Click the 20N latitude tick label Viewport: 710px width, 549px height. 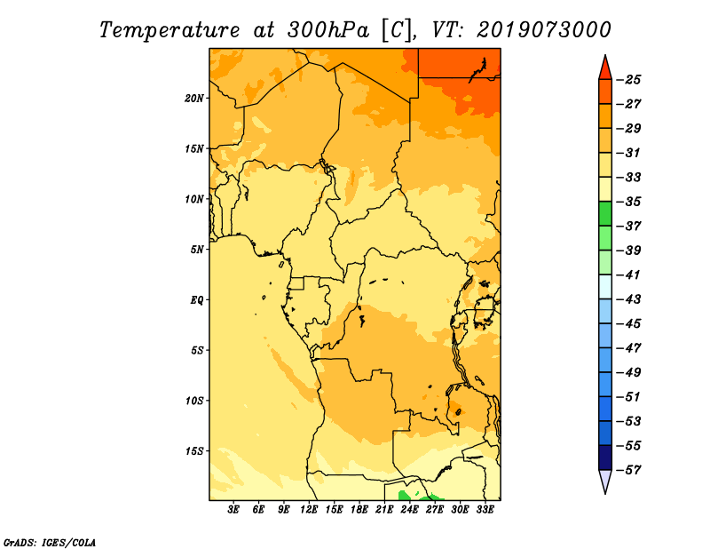pos(194,98)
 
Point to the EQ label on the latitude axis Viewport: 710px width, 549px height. pos(197,299)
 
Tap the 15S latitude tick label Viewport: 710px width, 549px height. pos(194,451)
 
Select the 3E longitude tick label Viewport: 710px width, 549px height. pos(233,509)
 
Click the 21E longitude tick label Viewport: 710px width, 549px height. pos(384,509)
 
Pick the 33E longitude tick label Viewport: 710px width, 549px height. pos(485,509)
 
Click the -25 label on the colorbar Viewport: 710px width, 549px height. pos(628,80)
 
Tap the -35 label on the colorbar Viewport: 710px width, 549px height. pos(628,202)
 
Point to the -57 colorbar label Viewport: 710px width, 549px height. pos(628,470)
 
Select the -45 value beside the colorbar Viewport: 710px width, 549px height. pos(628,323)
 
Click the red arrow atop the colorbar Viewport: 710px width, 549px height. pos(605,68)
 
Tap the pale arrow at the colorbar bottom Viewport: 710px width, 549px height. pos(605,481)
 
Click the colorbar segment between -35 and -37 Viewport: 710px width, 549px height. pos(605,213)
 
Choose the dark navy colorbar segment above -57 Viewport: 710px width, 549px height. pos(605,457)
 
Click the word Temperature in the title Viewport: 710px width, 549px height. pos(170,31)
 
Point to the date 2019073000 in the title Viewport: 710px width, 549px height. pos(544,30)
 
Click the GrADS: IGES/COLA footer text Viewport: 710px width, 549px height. pos(50,542)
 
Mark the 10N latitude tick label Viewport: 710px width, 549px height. pos(194,199)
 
